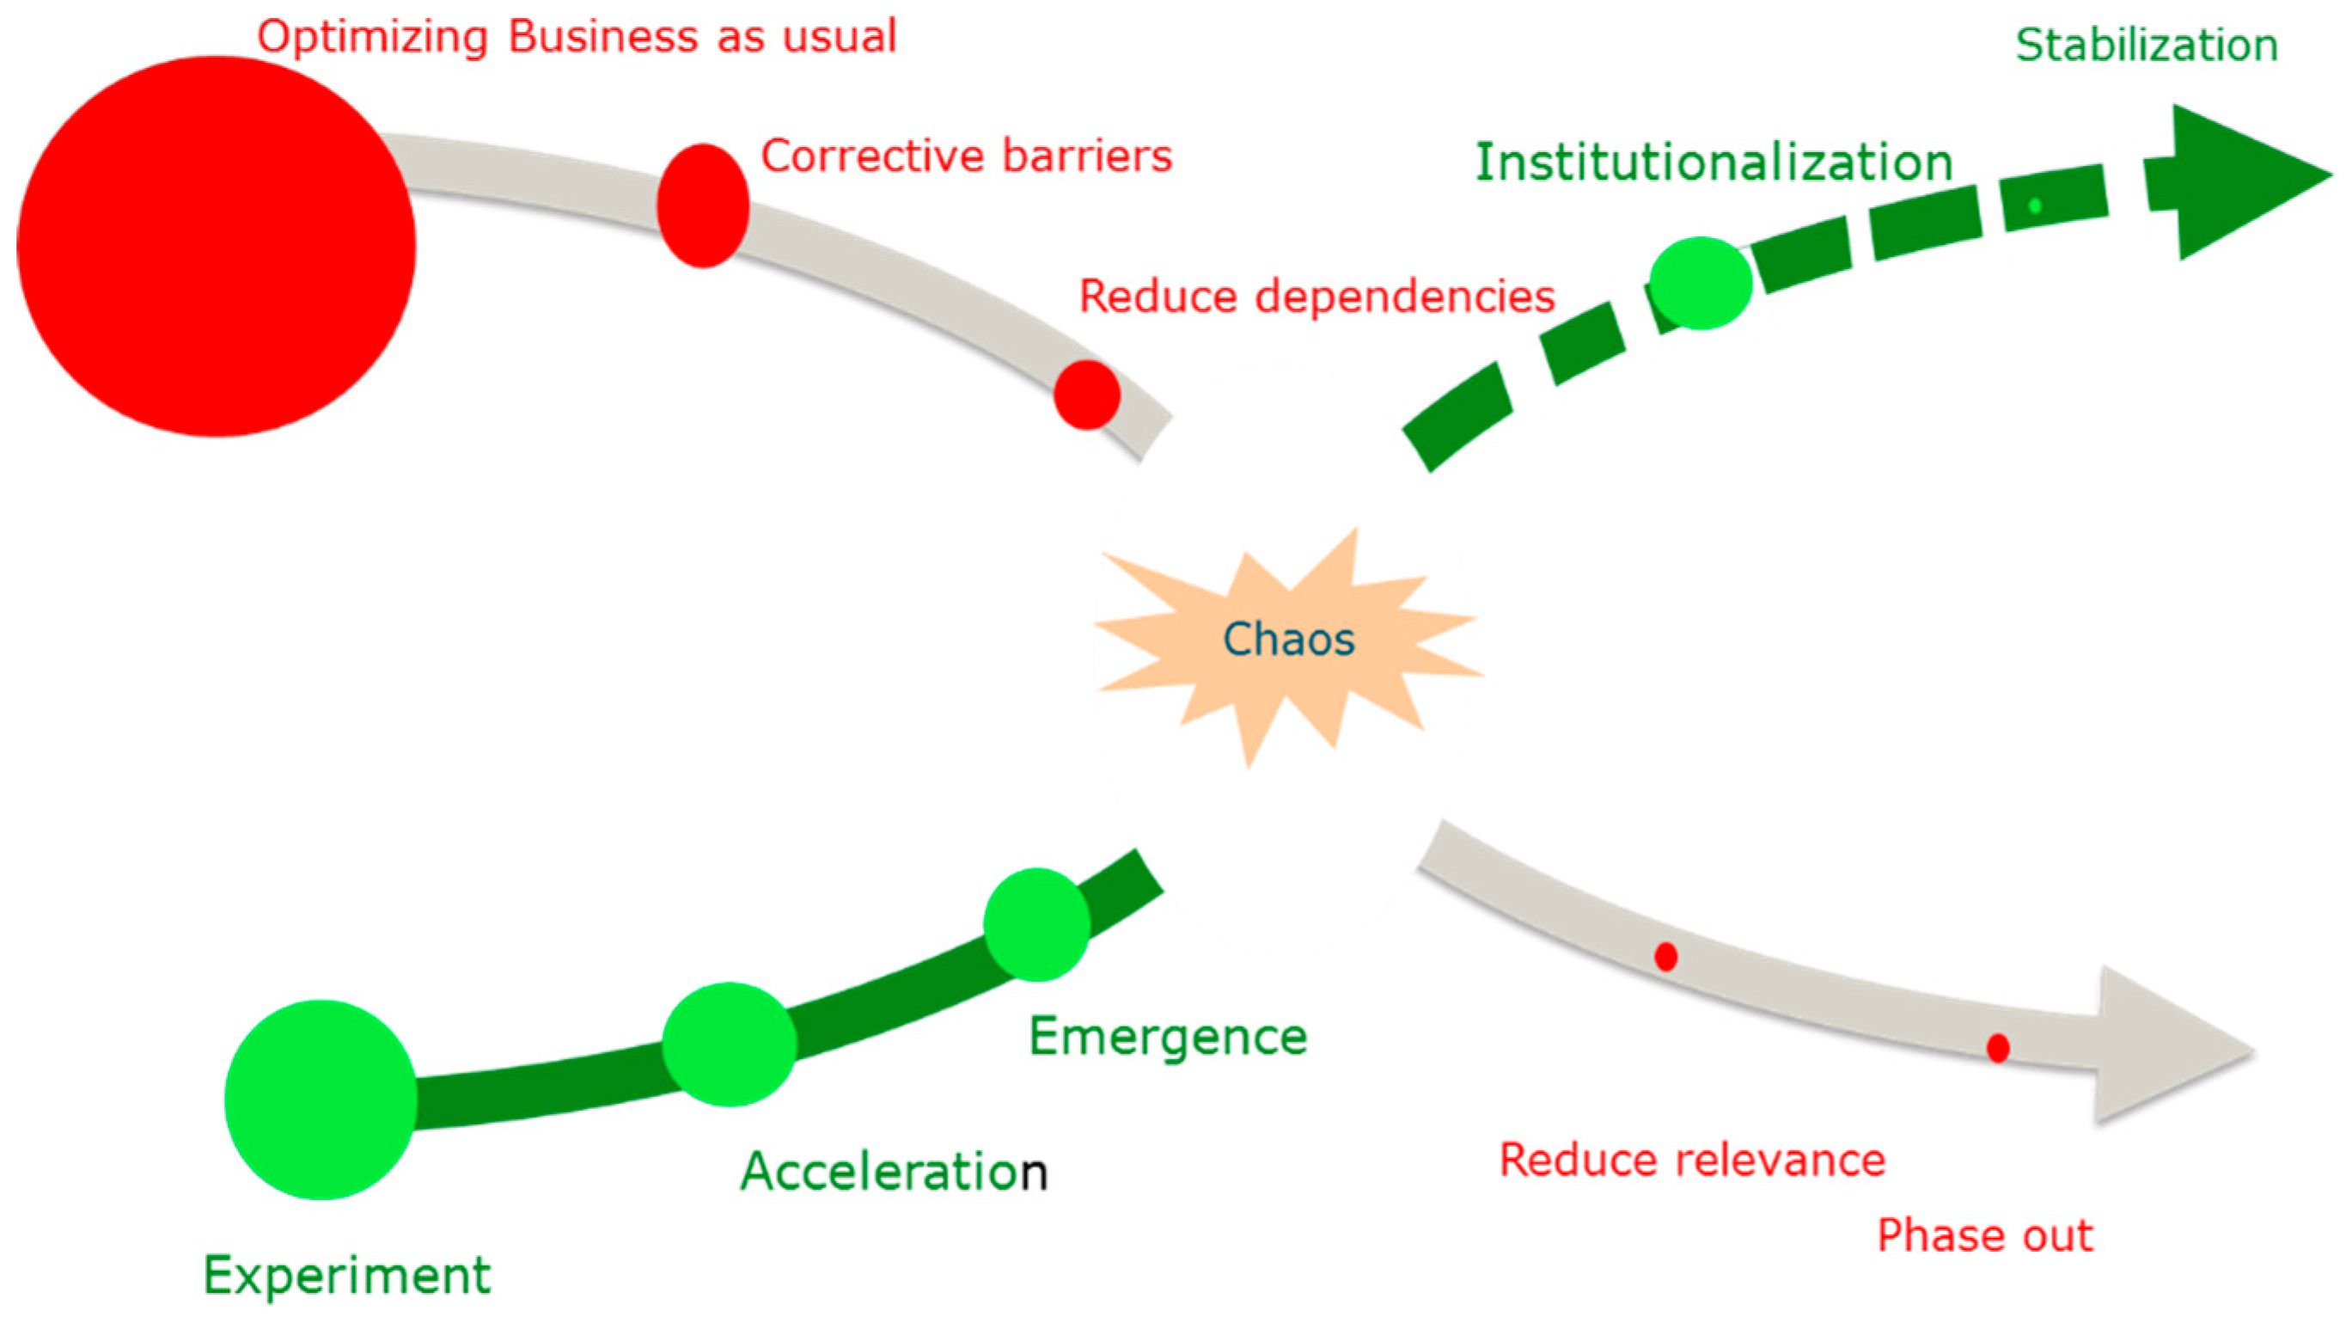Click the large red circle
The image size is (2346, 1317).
[216, 247]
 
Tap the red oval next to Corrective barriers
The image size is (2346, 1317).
[703, 205]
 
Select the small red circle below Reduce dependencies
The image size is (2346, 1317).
[1086, 395]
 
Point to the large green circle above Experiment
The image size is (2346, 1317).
[321, 1100]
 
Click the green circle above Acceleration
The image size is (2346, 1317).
[729, 1044]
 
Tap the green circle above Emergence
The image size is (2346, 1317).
[1036, 924]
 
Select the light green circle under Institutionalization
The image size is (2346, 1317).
[1701, 282]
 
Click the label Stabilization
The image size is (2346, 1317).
[2147, 46]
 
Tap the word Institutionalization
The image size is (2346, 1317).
[1714, 163]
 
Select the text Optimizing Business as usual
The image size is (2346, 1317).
[577, 37]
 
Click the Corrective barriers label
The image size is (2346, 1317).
[966, 156]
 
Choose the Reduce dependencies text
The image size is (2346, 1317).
[1317, 297]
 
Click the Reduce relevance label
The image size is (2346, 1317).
[1692, 1161]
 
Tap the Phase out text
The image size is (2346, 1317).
[1985, 1236]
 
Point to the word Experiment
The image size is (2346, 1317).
[346, 1275]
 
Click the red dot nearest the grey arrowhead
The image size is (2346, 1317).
[1997, 1048]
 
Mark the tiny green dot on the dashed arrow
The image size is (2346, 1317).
[2035, 205]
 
